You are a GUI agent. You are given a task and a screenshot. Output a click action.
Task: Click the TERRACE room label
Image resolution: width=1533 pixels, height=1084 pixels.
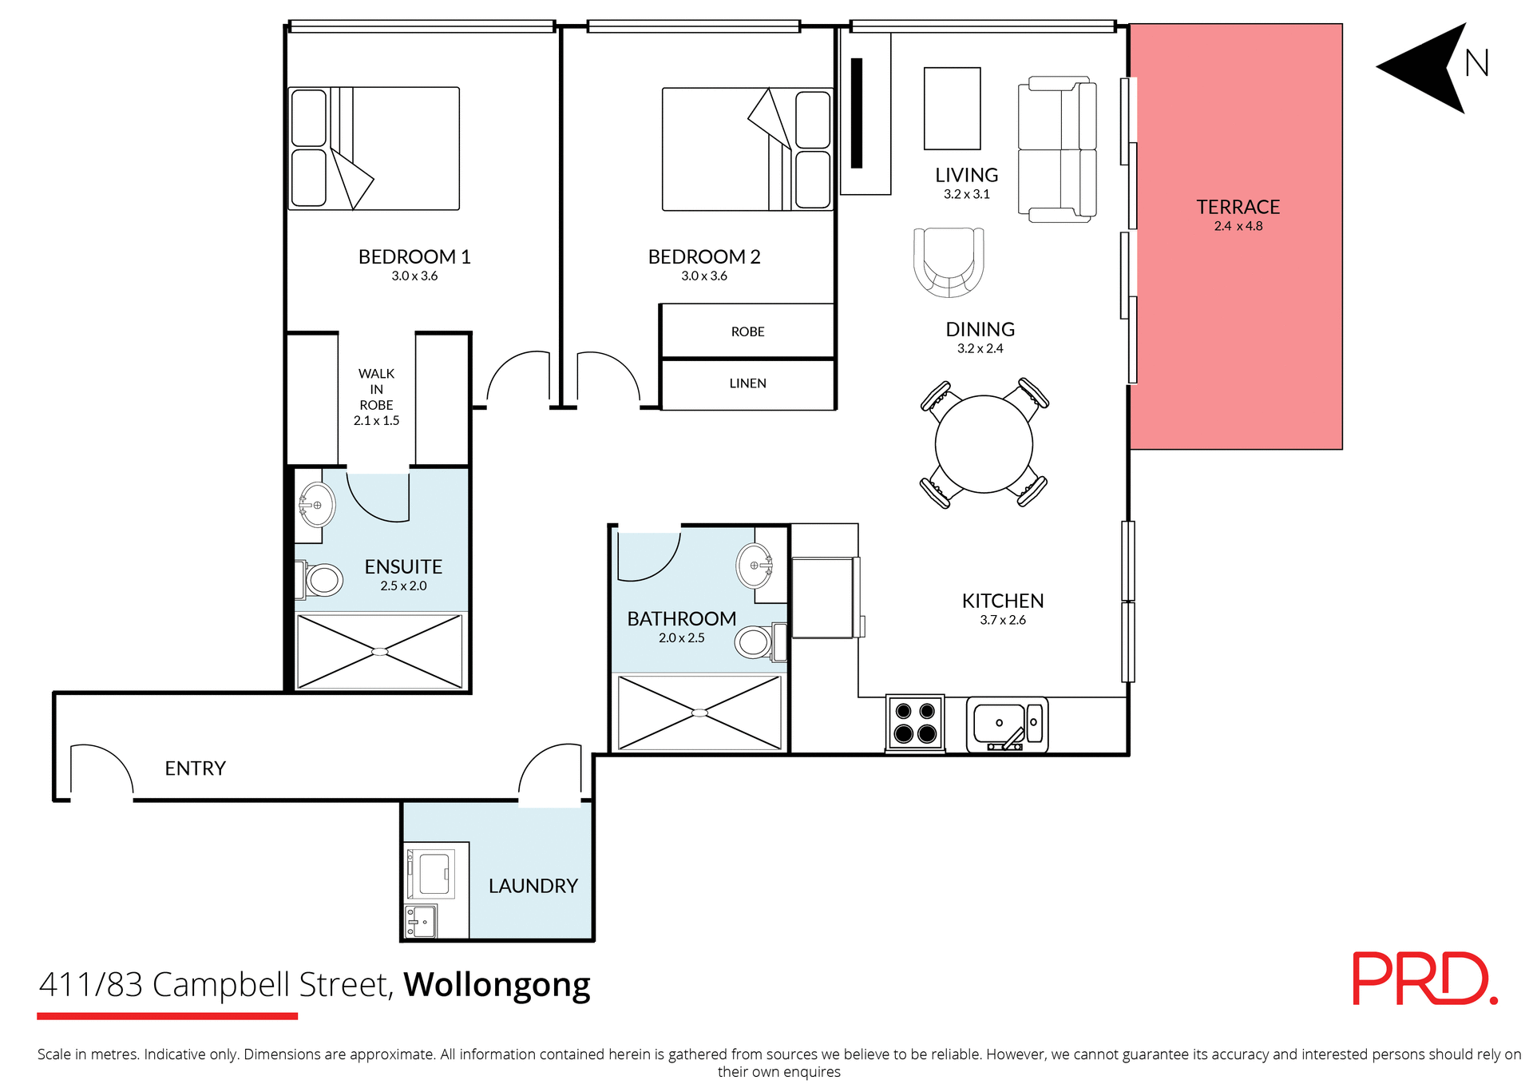point(1238,207)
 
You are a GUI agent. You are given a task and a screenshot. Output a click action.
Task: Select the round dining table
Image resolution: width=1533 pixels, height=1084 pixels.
point(984,444)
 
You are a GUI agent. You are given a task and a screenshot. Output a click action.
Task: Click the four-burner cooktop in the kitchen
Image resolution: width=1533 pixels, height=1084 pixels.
point(915,722)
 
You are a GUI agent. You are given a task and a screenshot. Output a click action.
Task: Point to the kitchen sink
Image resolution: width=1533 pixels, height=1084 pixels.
point(999,723)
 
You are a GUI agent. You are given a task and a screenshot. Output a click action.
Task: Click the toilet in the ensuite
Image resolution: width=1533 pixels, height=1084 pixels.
point(321,580)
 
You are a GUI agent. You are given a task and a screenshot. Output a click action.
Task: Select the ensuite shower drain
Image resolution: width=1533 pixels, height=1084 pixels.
point(380,652)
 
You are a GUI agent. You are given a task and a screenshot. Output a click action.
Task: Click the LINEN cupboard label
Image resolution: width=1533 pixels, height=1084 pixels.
point(747,383)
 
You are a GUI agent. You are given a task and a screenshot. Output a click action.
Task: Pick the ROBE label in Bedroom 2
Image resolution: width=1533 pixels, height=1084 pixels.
point(747,332)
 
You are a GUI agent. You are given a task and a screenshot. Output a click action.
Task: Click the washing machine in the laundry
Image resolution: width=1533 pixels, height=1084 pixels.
point(431,873)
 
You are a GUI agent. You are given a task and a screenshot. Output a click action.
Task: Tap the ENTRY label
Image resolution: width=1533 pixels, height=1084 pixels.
point(195,768)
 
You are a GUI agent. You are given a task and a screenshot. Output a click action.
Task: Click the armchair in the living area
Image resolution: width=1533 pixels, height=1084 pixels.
point(949,261)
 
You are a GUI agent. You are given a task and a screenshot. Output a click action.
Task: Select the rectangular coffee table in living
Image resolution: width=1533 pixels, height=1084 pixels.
point(952,109)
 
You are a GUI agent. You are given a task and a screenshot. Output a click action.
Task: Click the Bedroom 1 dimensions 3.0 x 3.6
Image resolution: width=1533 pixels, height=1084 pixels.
point(414,276)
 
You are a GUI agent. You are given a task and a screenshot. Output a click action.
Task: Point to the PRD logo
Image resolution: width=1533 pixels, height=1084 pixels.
point(1424,979)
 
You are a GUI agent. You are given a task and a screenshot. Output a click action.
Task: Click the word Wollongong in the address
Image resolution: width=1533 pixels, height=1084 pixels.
point(497,986)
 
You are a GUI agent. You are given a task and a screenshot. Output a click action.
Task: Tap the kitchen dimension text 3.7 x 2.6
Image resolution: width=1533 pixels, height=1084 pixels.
point(1003,620)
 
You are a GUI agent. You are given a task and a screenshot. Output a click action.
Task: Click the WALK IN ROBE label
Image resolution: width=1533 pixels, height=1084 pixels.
point(376,390)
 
